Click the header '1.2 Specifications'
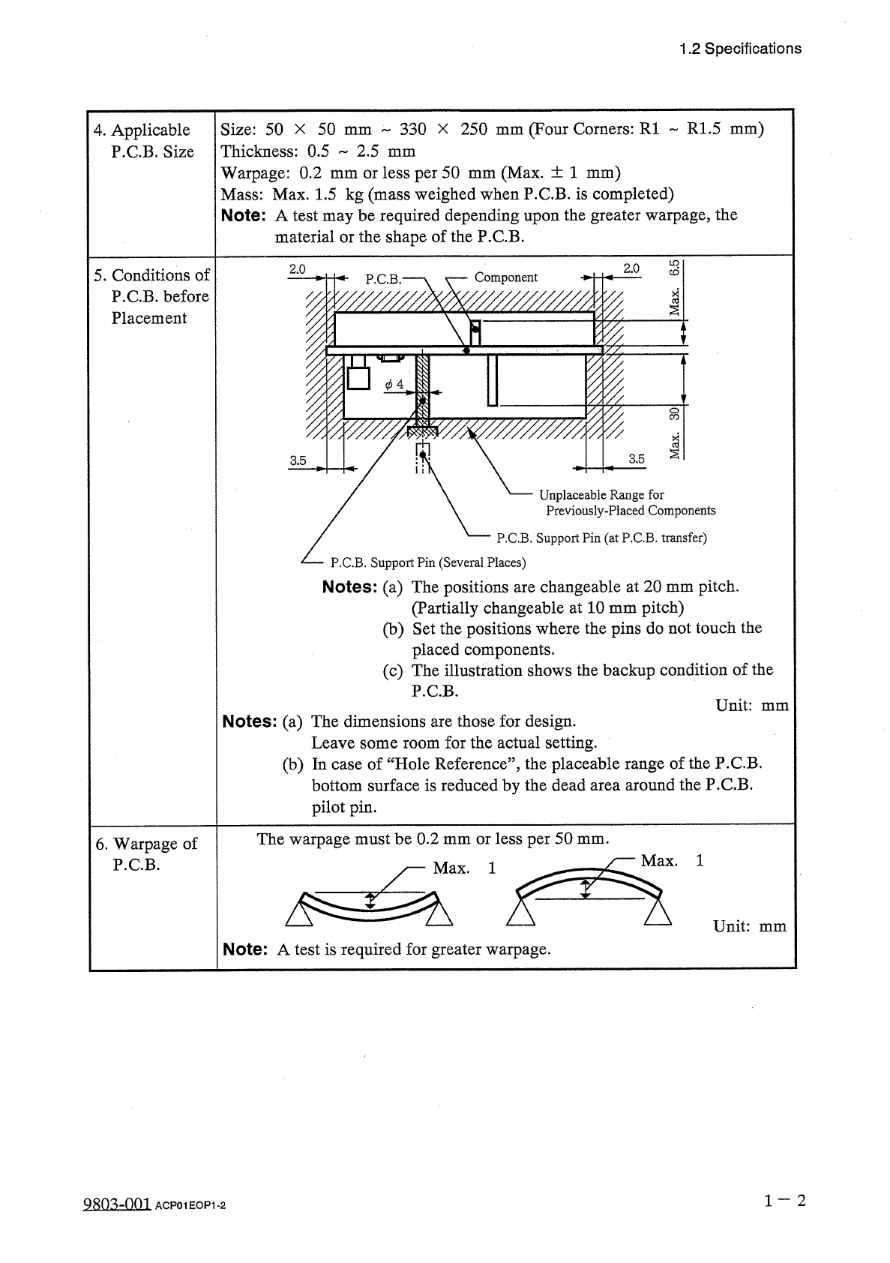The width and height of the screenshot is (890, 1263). (x=739, y=49)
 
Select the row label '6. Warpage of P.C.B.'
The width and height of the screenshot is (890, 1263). (x=146, y=854)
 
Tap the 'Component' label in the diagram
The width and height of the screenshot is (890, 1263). (x=505, y=277)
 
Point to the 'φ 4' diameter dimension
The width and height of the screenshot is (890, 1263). (x=394, y=385)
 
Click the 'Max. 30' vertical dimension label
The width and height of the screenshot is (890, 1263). (x=675, y=433)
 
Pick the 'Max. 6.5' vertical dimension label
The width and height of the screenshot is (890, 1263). (x=675, y=287)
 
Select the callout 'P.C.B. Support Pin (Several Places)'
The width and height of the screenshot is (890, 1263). (x=427, y=562)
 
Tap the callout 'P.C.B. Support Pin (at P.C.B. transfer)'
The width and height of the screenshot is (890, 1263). (x=601, y=538)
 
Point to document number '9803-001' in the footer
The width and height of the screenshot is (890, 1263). (x=115, y=1204)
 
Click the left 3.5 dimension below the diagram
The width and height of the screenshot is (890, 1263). (x=298, y=460)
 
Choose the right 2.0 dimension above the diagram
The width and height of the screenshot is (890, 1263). (x=631, y=268)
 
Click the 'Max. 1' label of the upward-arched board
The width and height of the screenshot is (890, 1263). (x=672, y=861)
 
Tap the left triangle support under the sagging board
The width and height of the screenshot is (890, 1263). (x=298, y=914)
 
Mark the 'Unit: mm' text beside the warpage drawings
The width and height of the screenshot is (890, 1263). (x=749, y=926)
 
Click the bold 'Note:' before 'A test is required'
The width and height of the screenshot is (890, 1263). (x=245, y=949)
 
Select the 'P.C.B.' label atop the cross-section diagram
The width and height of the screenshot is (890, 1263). (x=383, y=279)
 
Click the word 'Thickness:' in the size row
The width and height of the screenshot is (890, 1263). (x=259, y=151)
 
